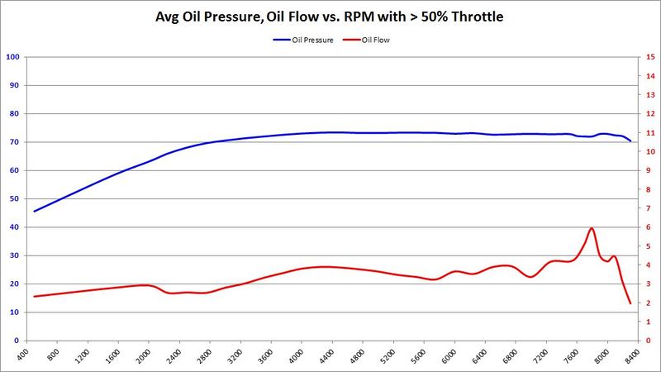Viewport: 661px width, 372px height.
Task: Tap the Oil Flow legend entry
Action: coord(373,39)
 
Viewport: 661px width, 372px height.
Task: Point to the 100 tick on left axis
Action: coord(12,57)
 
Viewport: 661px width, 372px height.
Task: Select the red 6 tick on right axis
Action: coord(649,227)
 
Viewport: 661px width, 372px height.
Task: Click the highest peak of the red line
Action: coord(592,228)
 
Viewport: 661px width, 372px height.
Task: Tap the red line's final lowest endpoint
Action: coord(630,303)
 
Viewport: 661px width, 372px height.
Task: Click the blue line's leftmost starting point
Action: coord(34,211)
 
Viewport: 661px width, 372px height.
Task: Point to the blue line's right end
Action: coord(630,141)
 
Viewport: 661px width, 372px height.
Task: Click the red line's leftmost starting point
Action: coord(34,296)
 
